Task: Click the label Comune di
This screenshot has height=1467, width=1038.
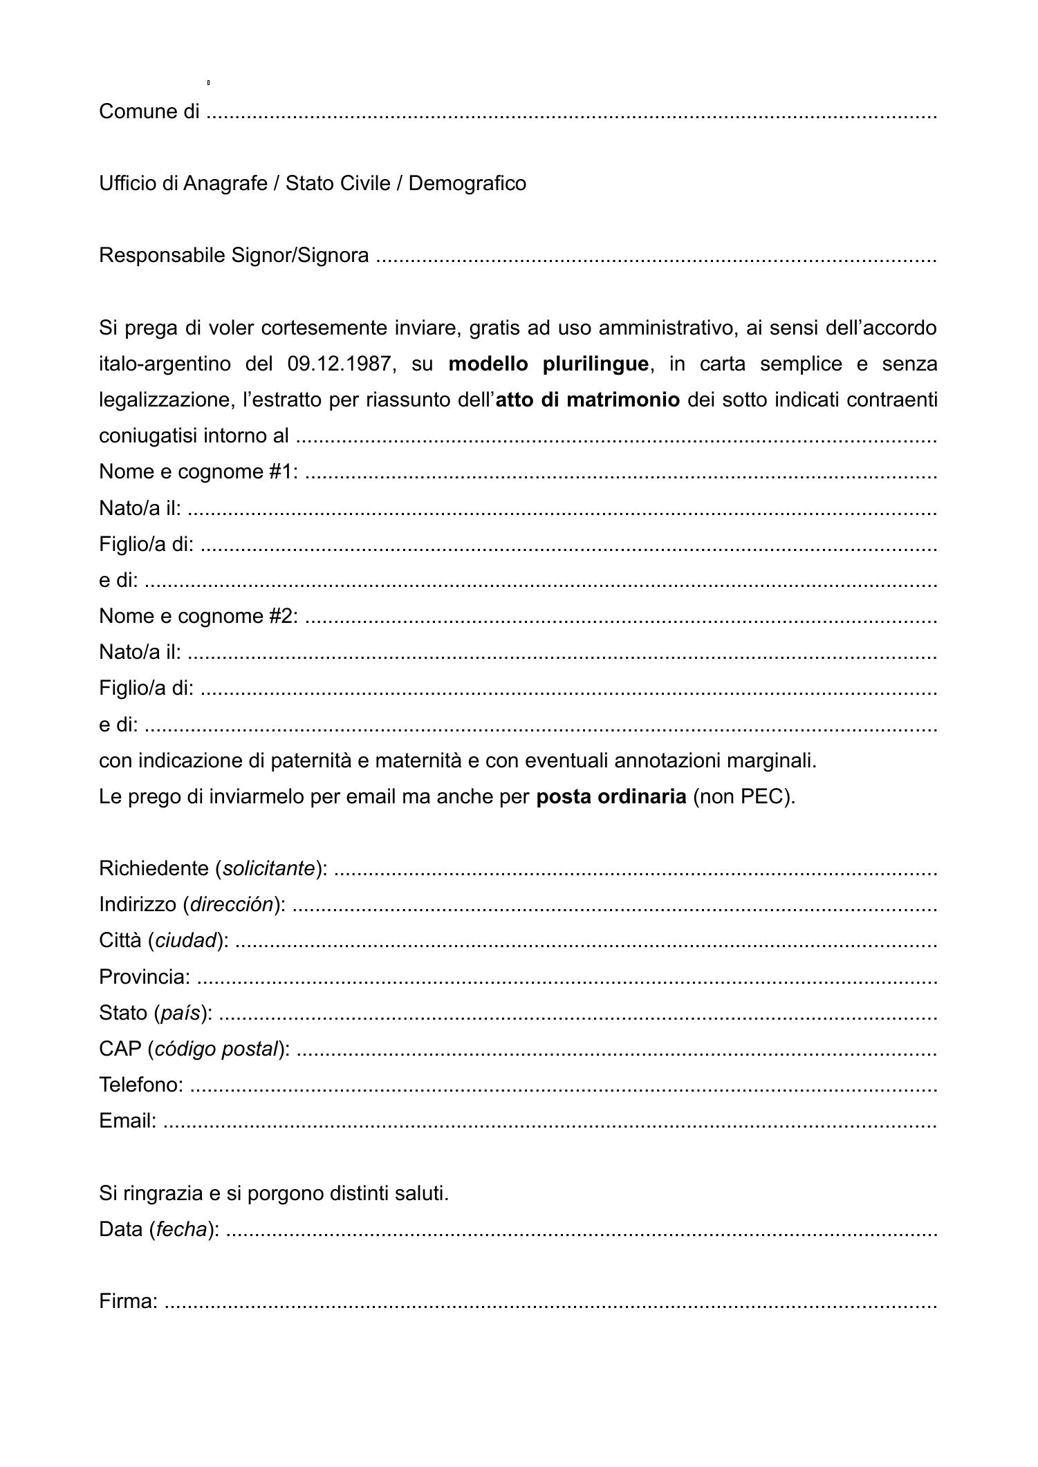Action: pyautogui.click(x=149, y=111)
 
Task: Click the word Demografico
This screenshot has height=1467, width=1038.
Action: pyautogui.click(x=467, y=183)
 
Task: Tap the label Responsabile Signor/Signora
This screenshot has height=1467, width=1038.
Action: pyautogui.click(x=234, y=256)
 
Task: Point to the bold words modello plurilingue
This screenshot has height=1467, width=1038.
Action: pyautogui.click(x=548, y=364)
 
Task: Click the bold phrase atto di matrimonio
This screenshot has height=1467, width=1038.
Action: pyautogui.click(x=588, y=400)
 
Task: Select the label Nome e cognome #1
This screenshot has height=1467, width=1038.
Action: pyautogui.click(x=198, y=472)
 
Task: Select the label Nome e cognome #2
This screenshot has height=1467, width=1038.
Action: pyautogui.click(x=198, y=616)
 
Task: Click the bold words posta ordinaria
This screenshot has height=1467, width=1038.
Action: pyautogui.click(x=611, y=797)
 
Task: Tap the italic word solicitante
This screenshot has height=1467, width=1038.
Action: pyautogui.click(x=269, y=869)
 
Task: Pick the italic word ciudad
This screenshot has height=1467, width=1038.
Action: pyautogui.click(x=186, y=941)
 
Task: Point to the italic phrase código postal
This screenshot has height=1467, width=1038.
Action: pyautogui.click(x=216, y=1049)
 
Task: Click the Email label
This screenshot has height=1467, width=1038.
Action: pyautogui.click(x=128, y=1121)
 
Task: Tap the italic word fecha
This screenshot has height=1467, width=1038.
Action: pyautogui.click(x=181, y=1229)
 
